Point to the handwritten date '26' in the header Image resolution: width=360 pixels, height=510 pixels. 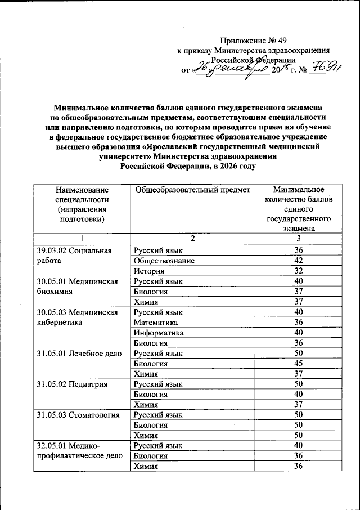[201, 69]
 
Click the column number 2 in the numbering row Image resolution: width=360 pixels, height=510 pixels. [192, 239]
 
